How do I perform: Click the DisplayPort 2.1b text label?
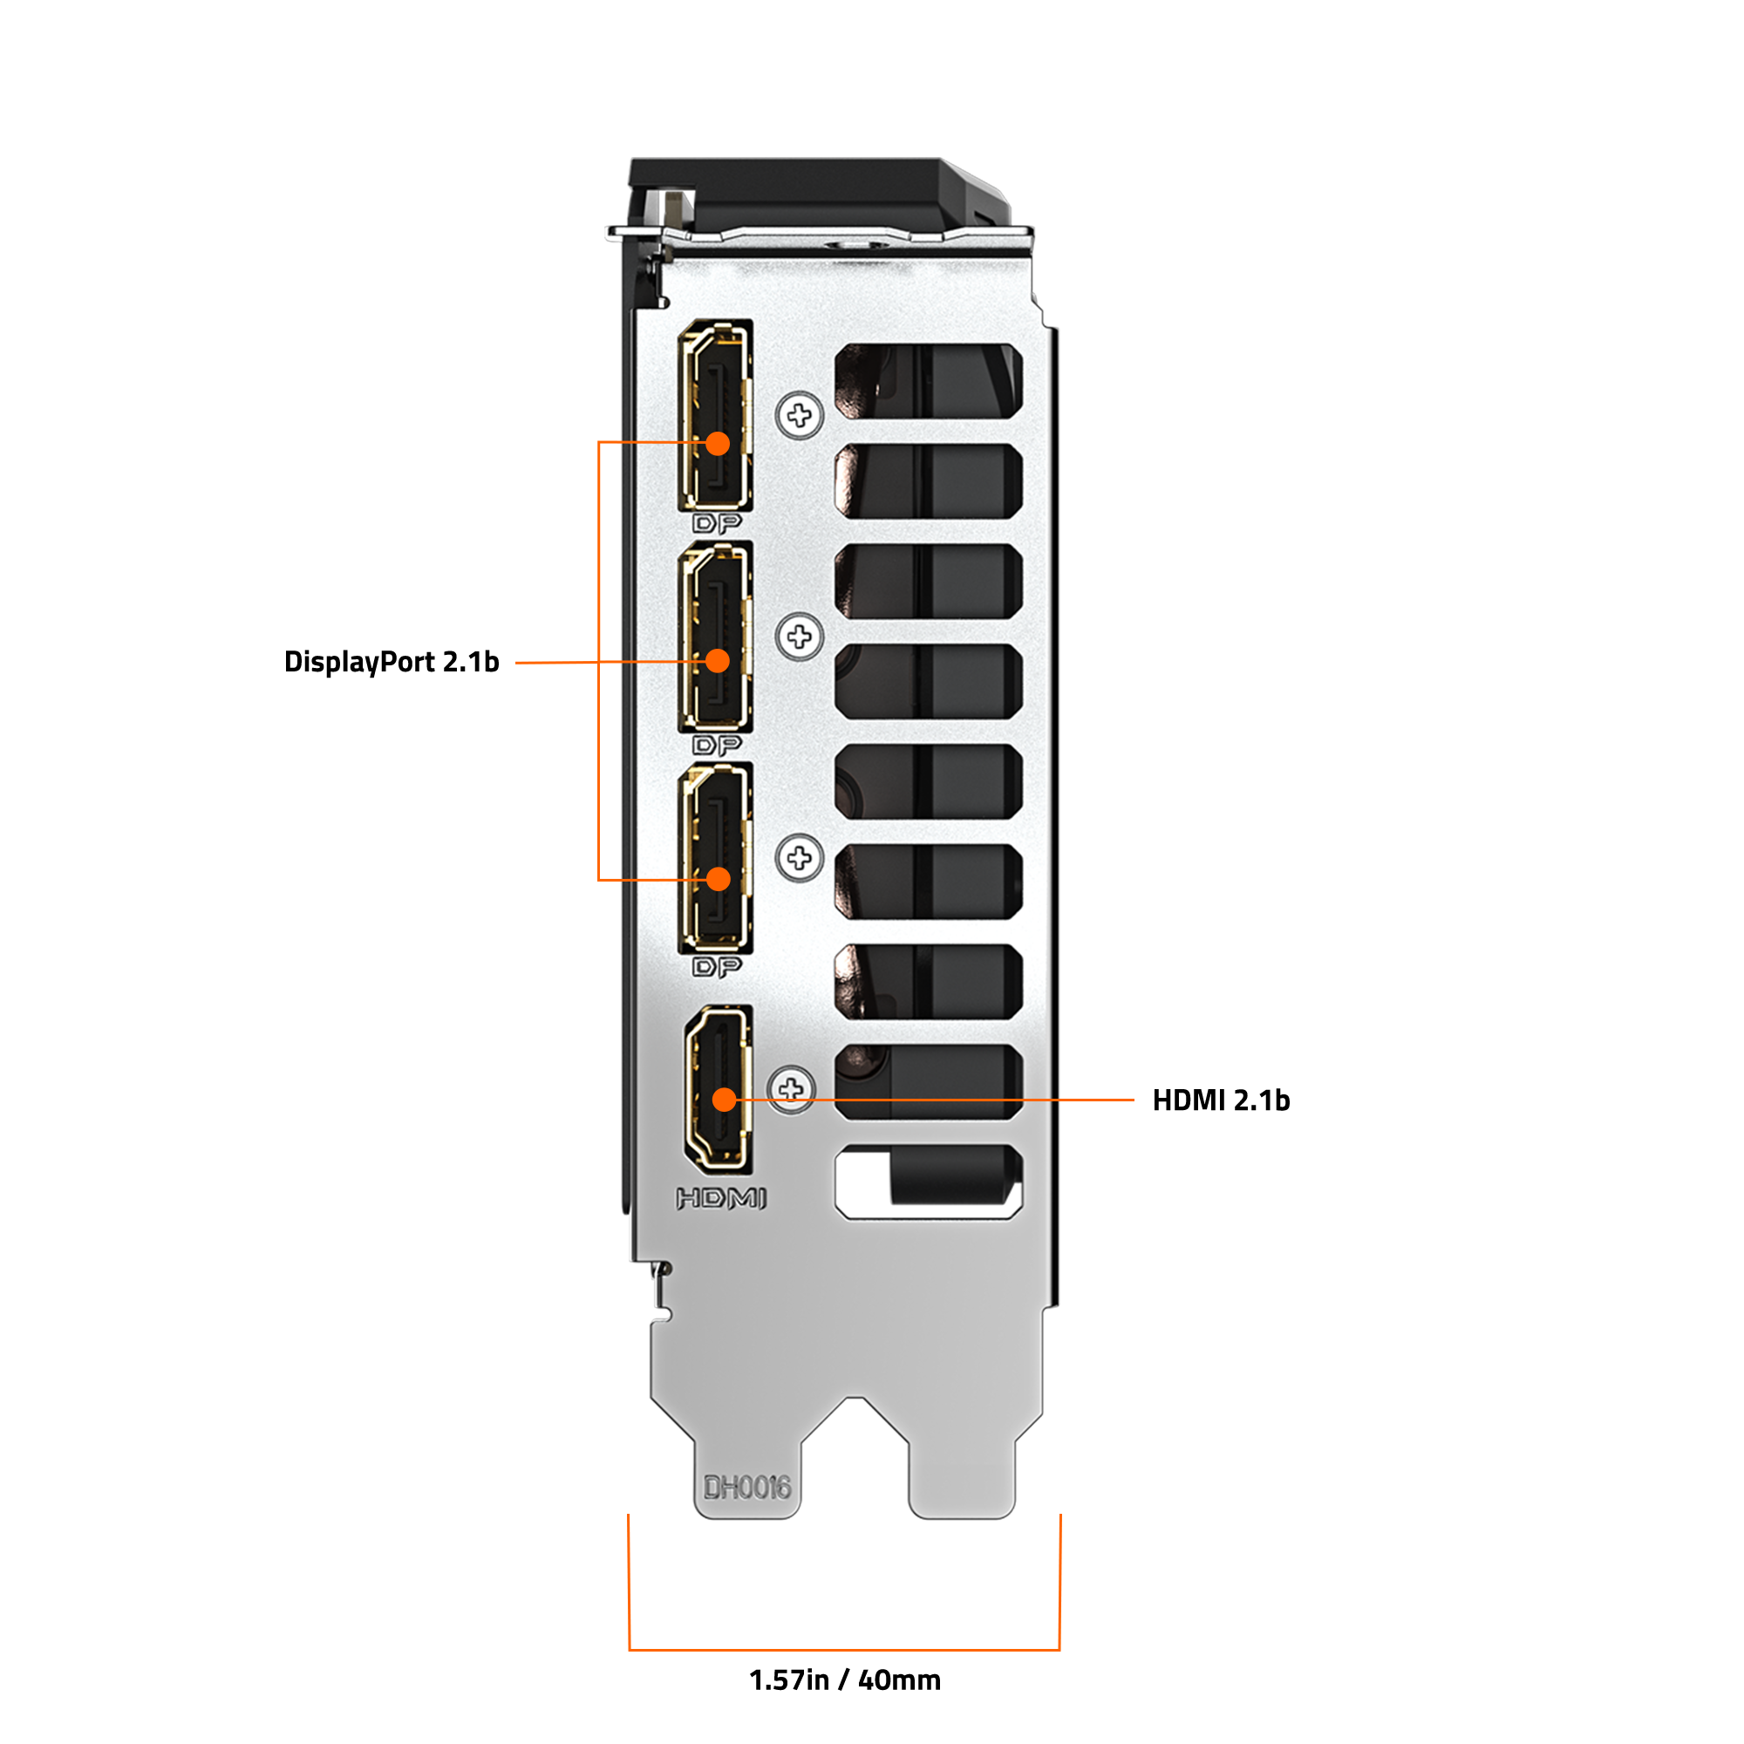(x=391, y=663)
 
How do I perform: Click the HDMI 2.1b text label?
(x=1222, y=1100)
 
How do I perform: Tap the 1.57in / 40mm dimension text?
(x=845, y=1680)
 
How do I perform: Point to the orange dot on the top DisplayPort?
(x=718, y=443)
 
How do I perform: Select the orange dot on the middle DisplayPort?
(x=718, y=662)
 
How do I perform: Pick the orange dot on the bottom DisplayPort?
(x=718, y=879)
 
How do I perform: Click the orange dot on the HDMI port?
(x=725, y=1100)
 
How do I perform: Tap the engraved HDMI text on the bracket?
(x=721, y=1199)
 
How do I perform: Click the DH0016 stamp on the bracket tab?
(x=747, y=1488)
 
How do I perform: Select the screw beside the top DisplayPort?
(x=799, y=415)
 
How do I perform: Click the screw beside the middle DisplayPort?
(x=799, y=637)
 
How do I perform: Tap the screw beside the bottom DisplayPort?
(x=799, y=857)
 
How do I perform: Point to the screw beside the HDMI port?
(x=792, y=1089)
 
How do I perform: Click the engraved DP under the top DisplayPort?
(x=718, y=523)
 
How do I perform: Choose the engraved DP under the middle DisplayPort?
(x=718, y=746)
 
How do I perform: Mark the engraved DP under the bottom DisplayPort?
(x=718, y=968)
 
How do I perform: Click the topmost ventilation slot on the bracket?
(x=928, y=381)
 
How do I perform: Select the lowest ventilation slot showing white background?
(x=928, y=1182)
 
